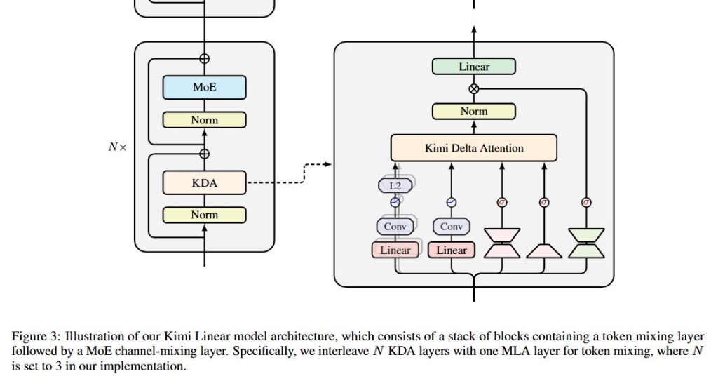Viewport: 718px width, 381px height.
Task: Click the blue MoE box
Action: (204, 88)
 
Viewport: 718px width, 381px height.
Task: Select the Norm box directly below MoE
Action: (204, 120)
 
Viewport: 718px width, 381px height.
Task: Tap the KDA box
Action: (204, 182)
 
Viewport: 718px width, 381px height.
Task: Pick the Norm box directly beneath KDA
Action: (204, 215)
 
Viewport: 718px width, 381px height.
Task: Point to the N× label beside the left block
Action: (117, 148)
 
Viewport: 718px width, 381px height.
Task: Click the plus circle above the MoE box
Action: (204, 59)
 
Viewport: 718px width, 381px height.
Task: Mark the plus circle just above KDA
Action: (204, 154)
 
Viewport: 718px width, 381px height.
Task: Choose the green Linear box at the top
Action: (474, 67)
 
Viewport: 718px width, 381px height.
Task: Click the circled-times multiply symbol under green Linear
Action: (474, 88)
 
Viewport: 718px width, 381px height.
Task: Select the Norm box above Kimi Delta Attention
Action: (474, 111)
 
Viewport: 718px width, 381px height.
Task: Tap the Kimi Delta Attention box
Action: (474, 148)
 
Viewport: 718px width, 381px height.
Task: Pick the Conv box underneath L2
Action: (395, 227)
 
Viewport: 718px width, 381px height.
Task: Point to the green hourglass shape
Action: (586, 243)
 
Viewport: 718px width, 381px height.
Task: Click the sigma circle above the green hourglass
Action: (587, 202)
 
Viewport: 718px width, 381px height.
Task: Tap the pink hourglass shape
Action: (502, 243)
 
